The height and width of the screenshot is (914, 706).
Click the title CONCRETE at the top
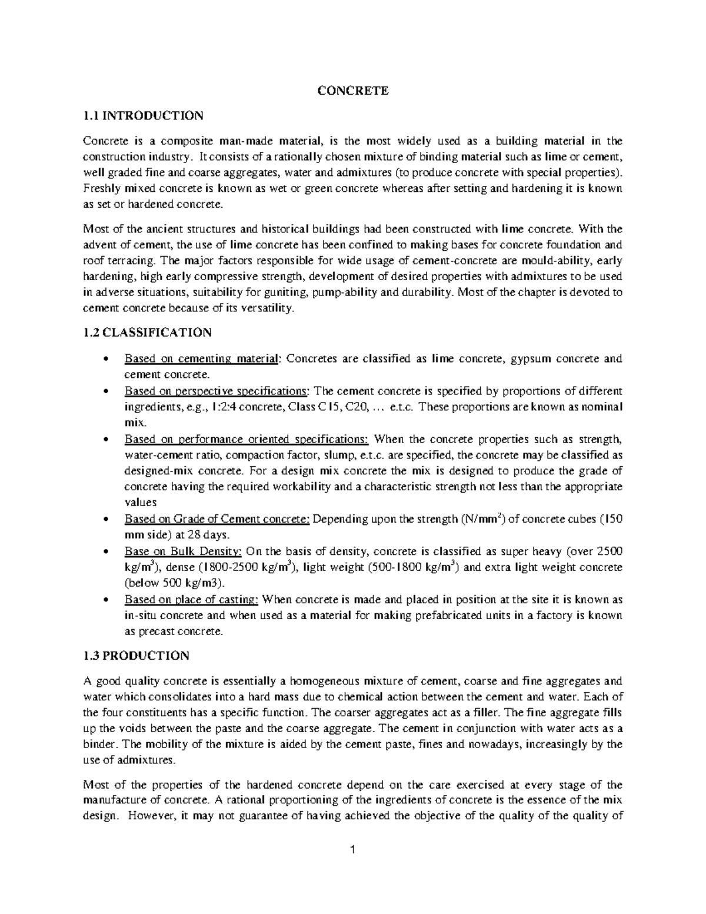click(353, 91)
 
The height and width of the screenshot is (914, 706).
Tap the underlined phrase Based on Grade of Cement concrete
click(217, 520)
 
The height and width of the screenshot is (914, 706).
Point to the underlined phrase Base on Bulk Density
click(183, 551)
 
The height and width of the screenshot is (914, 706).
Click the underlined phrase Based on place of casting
click(191, 600)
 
